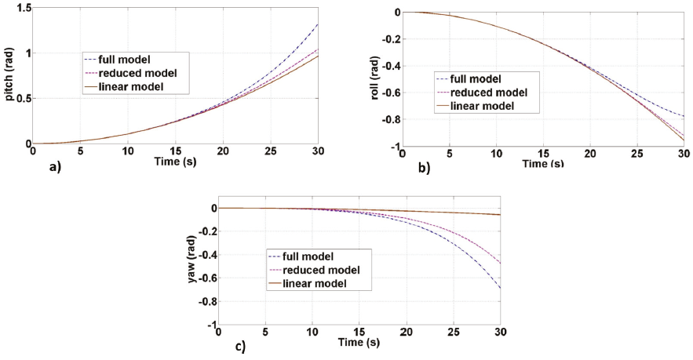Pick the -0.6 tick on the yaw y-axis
[205, 278]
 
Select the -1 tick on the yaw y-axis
[210, 325]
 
